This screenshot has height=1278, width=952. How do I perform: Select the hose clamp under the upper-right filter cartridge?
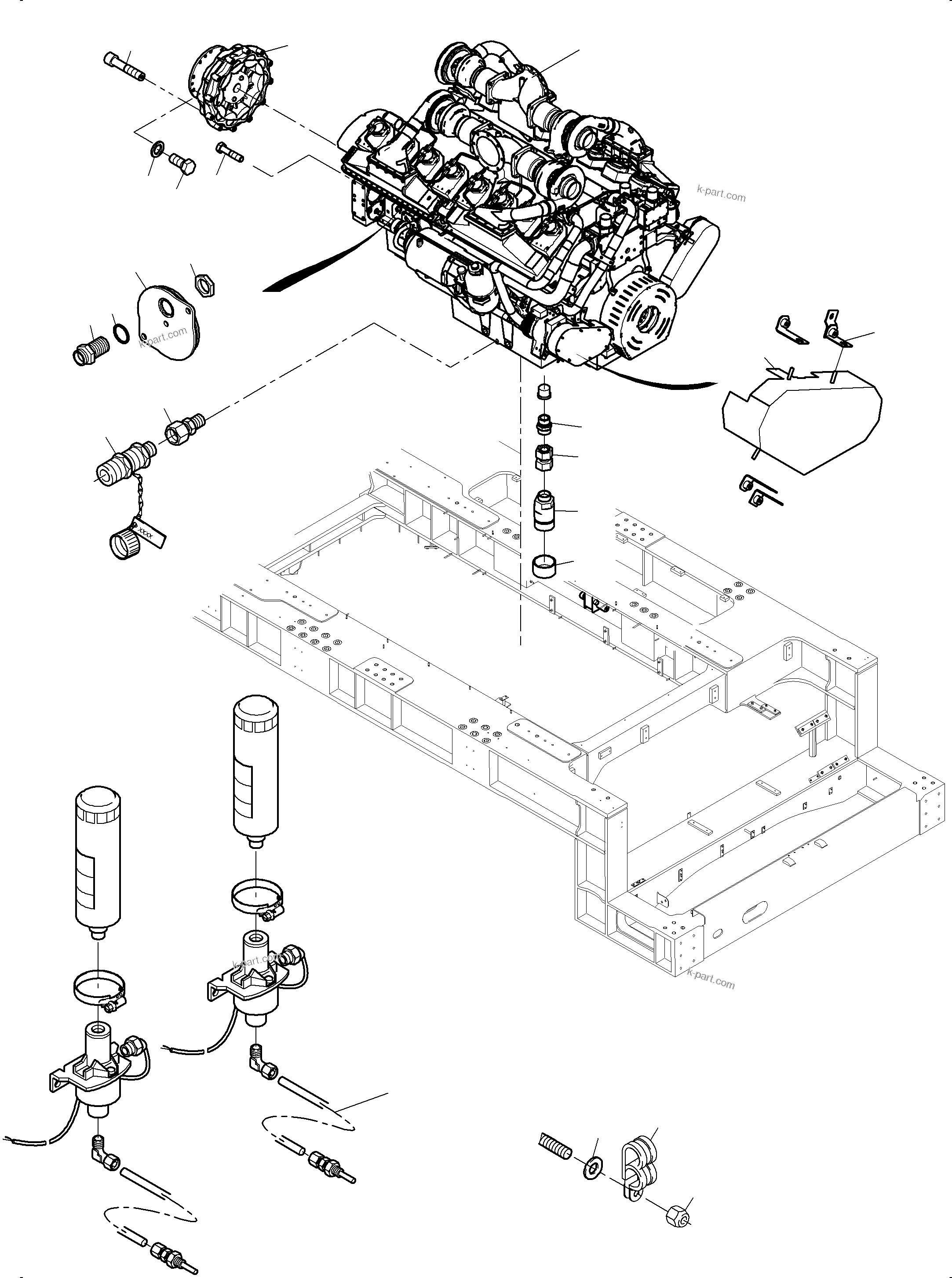click(x=256, y=895)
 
